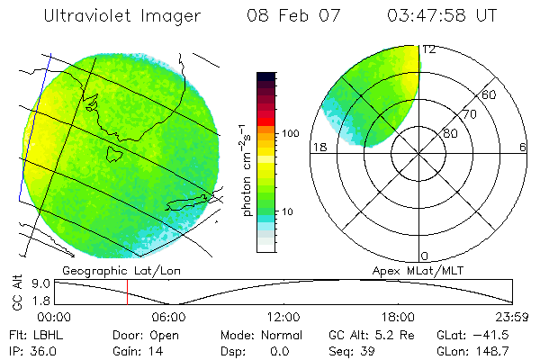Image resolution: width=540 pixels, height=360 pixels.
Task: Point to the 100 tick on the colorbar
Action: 290,133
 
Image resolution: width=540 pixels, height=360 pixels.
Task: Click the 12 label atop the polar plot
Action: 430,50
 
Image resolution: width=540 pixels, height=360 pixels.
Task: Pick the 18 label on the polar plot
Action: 317,147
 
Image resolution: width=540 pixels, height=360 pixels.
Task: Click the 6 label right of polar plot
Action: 523,147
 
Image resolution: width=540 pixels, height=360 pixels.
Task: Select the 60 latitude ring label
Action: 490,94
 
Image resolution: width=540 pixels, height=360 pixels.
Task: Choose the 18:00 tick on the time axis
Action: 398,317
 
